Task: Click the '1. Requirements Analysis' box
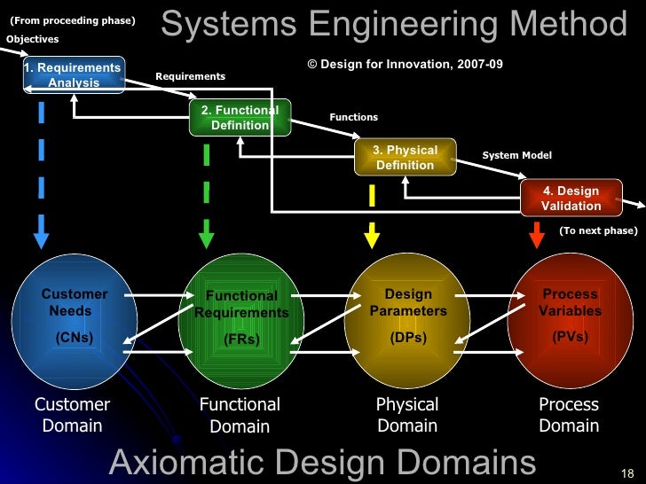coord(74,75)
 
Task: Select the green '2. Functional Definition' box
coord(240,118)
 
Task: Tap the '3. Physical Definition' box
coord(405,158)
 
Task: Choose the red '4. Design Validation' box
coord(571,198)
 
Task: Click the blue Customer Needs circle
coord(74,319)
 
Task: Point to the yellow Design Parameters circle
coord(406,319)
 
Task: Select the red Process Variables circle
coord(570,319)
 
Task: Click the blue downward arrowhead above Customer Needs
coord(41,238)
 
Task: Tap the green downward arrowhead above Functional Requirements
coord(206,239)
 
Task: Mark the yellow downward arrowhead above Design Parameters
coord(372,238)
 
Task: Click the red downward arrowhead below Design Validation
coord(536,238)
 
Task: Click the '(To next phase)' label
coord(597,230)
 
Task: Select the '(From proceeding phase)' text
coord(72,20)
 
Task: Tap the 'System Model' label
coord(516,156)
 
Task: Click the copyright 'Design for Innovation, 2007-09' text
coord(405,65)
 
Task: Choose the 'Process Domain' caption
coord(569,415)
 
